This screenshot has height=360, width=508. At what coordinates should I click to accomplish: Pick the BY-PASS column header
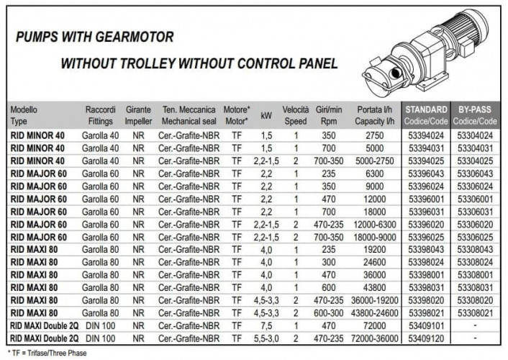[475, 109]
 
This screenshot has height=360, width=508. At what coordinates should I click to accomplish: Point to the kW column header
[266, 114]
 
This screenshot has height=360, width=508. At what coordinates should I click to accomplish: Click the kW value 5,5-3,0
[266, 336]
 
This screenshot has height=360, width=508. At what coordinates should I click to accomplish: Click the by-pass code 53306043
[475, 173]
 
